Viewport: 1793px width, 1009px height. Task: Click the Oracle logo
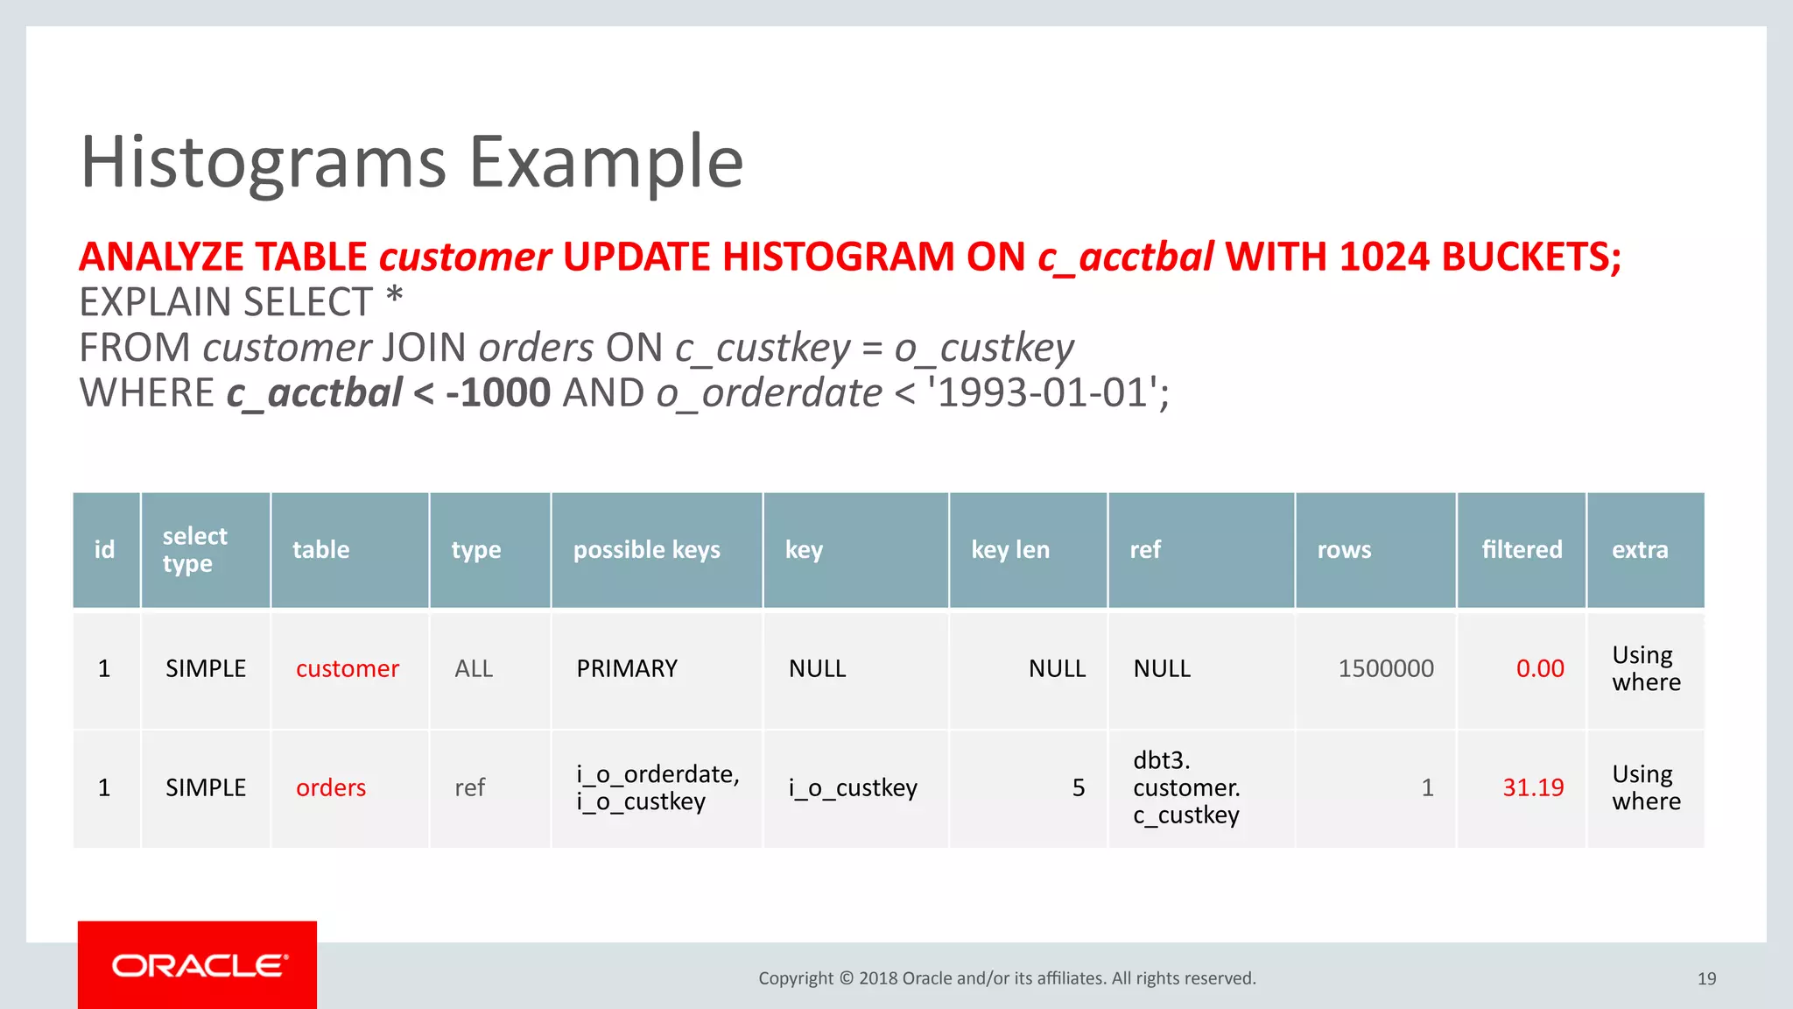(198, 965)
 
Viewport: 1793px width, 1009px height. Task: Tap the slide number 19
(1706, 979)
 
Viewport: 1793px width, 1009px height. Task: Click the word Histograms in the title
(263, 163)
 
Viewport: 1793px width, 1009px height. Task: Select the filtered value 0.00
(1539, 669)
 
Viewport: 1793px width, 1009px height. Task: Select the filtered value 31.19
(1532, 788)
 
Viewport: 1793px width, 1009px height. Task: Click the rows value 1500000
(1385, 669)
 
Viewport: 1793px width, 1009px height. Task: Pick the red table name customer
(347, 669)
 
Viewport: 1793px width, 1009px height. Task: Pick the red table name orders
(330, 788)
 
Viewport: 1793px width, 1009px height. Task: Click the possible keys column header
(646, 550)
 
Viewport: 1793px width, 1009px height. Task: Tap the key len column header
(1009, 550)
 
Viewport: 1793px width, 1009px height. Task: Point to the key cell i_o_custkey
(852, 788)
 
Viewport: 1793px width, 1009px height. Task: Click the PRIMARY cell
(626, 669)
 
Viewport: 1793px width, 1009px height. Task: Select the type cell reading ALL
(473, 669)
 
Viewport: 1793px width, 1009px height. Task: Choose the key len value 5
(1078, 788)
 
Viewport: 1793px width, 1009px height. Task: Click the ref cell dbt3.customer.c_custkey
(1185, 788)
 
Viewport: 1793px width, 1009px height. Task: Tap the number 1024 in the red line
(1384, 258)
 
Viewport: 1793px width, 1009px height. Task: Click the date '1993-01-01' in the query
(1042, 393)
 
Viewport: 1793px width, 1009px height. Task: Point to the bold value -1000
(497, 393)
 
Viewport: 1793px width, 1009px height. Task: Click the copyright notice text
(1007, 978)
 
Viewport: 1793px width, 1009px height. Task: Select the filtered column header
(1521, 550)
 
